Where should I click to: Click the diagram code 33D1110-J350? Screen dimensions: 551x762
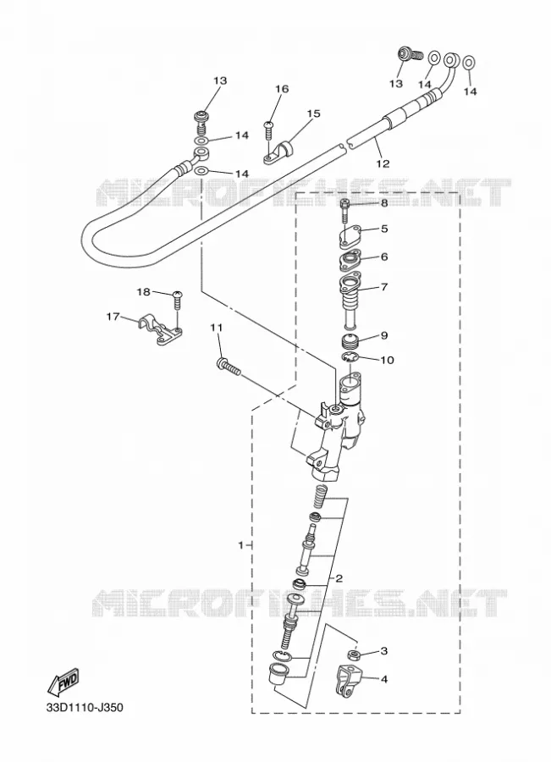[85, 707]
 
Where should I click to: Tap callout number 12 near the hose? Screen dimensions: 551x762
[383, 163]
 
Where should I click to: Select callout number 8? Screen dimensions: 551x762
[384, 202]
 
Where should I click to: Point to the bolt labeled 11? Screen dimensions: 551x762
[228, 367]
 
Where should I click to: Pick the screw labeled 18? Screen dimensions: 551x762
[178, 301]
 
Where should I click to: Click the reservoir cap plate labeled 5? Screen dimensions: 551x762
[348, 236]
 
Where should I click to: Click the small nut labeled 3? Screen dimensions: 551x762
[354, 654]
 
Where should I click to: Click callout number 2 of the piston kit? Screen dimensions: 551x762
[339, 578]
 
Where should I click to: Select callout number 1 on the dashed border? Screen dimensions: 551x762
[241, 545]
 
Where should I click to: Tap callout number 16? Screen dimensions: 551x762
[282, 89]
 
